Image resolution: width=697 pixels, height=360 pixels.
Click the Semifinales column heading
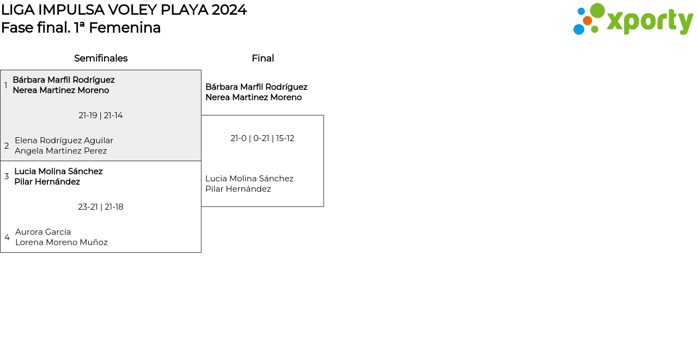tap(101, 58)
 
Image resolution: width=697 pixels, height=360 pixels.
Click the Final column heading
tap(262, 58)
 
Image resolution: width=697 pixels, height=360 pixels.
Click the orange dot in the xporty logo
tap(587, 21)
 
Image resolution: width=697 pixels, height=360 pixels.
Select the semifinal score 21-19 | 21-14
tap(101, 115)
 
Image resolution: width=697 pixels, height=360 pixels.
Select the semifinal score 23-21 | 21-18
tap(101, 207)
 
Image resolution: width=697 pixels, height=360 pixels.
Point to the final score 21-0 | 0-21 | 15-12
tap(262, 138)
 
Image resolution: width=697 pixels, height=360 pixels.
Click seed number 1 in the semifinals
tap(6, 86)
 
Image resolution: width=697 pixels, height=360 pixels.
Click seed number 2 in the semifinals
tap(7, 146)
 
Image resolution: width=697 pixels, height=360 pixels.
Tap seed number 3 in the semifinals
tap(7, 176)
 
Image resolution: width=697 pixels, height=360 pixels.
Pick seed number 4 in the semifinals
tap(7, 237)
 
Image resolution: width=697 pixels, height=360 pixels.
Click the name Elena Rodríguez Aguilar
tap(64, 141)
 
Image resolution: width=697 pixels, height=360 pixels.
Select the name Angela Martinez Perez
tap(60, 151)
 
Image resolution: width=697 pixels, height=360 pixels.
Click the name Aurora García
tap(43, 232)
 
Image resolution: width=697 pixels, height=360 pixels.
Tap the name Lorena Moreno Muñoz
tap(62, 242)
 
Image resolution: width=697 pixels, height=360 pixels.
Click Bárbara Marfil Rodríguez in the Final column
tap(256, 87)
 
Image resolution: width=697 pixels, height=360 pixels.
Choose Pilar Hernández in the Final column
tap(238, 189)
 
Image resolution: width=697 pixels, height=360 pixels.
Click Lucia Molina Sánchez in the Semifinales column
tap(58, 172)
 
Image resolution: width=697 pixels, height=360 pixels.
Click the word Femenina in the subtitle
tap(125, 28)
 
